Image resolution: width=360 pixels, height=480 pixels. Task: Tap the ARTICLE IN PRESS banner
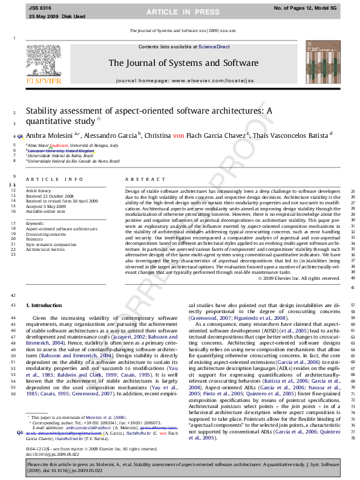coord(179,11)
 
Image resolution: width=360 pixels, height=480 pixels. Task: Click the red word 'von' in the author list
coord(178,137)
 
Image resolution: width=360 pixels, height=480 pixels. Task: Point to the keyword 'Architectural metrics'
coord(45,249)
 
